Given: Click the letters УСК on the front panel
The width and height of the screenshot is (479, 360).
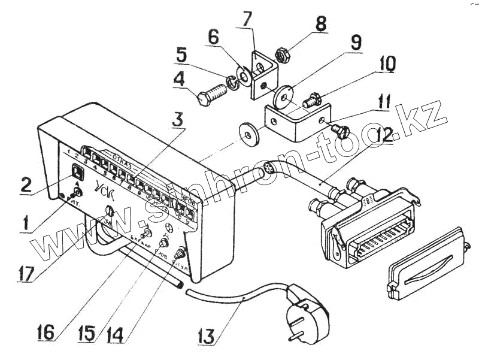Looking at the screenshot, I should click(102, 191).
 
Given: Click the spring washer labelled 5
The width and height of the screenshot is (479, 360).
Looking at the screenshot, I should click(232, 81).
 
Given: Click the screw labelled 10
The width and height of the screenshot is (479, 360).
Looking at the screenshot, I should click(311, 99).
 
